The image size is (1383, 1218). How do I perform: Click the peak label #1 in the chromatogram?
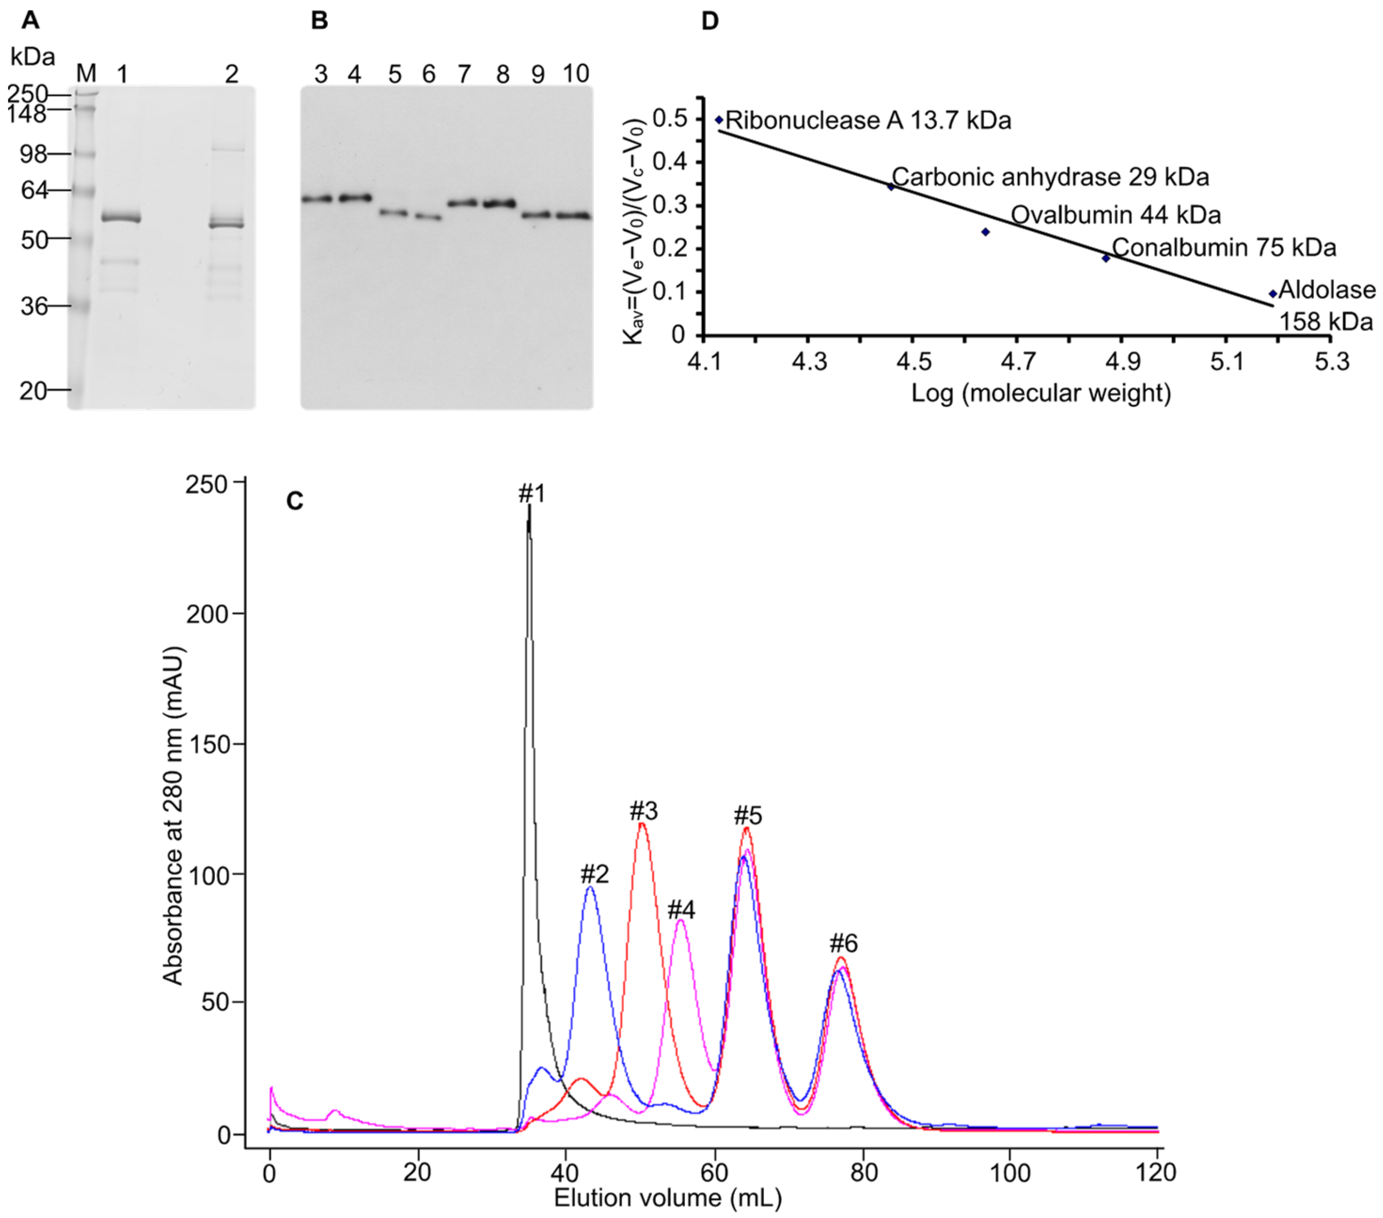click(x=532, y=494)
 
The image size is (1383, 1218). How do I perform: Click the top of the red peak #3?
click(x=642, y=823)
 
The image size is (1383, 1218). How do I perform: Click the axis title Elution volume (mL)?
click(x=668, y=1199)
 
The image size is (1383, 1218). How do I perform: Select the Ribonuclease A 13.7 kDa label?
click(x=868, y=121)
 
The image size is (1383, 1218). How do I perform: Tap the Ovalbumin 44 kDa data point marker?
click(x=985, y=232)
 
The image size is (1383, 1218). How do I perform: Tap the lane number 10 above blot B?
click(x=576, y=74)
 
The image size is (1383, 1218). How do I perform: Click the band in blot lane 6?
click(x=428, y=217)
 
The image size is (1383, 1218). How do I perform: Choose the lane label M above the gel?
click(x=86, y=73)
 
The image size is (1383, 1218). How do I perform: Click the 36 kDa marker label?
click(x=34, y=306)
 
